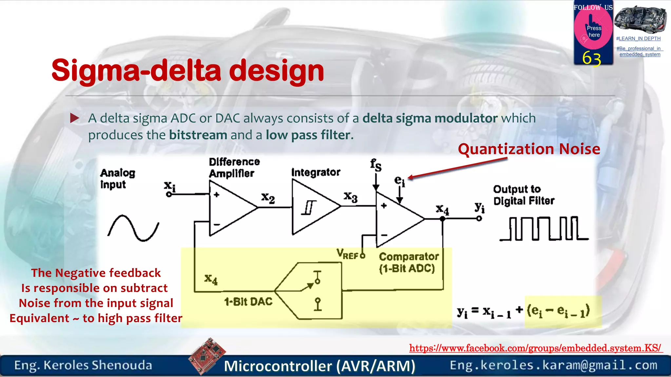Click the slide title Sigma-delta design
tap(187, 71)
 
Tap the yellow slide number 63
tap(592, 59)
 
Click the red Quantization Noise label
tap(529, 149)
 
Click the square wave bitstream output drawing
tap(544, 229)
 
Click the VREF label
tap(348, 254)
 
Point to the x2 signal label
tap(268, 198)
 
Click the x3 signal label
tap(350, 196)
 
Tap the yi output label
tap(479, 207)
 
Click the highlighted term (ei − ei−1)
tap(558, 311)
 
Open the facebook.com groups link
tap(535, 348)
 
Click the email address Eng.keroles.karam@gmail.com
tap(553, 365)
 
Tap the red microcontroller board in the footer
tap(207, 356)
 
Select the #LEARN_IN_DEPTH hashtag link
tap(638, 39)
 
